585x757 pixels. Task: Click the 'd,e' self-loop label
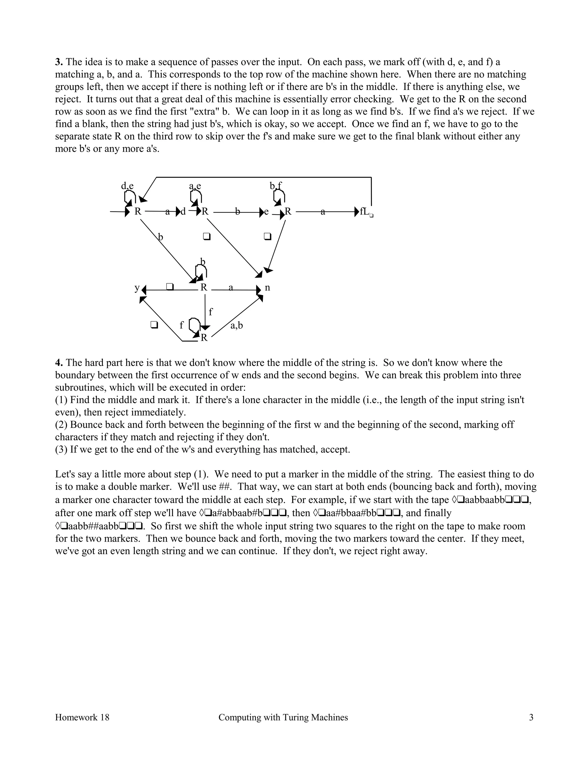pyautogui.click(x=127, y=186)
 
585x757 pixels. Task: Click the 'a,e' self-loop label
pyautogui.click(x=195, y=186)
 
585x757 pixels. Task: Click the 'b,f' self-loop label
pyautogui.click(x=276, y=186)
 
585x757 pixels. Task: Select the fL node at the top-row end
pyautogui.click(x=365, y=211)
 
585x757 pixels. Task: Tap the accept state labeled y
pyautogui.click(x=137, y=287)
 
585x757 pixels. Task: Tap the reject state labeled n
pyautogui.click(x=267, y=287)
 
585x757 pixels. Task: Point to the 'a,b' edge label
pyautogui.click(x=237, y=325)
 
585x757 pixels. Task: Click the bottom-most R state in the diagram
pyautogui.click(x=204, y=338)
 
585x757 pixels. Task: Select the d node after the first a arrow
pyautogui.click(x=183, y=211)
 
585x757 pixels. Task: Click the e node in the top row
pyautogui.click(x=266, y=211)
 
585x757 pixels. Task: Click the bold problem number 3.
pyautogui.click(x=59, y=62)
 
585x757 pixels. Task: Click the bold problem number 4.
pyautogui.click(x=59, y=363)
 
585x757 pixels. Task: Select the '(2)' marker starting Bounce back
pyautogui.click(x=61, y=424)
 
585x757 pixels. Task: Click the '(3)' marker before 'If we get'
pyautogui.click(x=61, y=450)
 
